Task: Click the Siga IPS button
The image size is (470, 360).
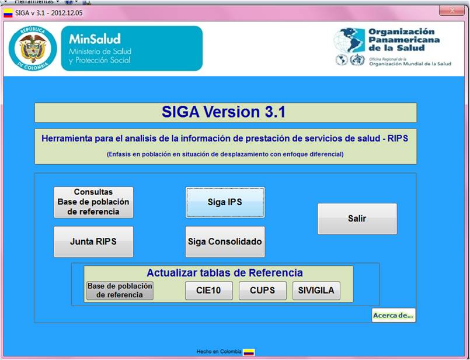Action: pyautogui.click(x=225, y=202)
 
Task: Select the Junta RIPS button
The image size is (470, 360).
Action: pyautogui.click(x=93, y=241)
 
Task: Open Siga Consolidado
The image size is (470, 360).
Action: pyautogui.click(x=225, y=241)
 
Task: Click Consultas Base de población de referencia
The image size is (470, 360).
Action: pyautogui.click(x=93, y=202)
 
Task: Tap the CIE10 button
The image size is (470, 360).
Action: pyautogui.click(x=208, y=290)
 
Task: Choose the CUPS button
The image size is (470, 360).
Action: pyautogui.click(x=262, y=290)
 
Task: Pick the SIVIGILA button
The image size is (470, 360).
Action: pyautogui.click(x=316, y=290)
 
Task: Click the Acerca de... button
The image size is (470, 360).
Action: pyautogui.click(x=394, y=316)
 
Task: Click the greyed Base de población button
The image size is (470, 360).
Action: pyautogui.click(x=120, y=290)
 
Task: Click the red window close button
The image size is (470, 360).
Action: pyautogui.click(x=451, y=10)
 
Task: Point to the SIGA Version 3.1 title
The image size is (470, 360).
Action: pyautogui.click(x=225, y=112)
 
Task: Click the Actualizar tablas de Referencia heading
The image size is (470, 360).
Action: pyautogui.click(x=225, y=273)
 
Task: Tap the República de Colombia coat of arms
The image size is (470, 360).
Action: pyautogui.click(x=33, y=49)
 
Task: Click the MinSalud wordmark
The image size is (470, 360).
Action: pyautogui.click(x=95, y=39)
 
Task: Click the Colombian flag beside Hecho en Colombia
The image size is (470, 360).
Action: pyautogui.click(x=249, y=352)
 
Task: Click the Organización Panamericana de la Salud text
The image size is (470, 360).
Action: pyautogui.click(x=403, y=40)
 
